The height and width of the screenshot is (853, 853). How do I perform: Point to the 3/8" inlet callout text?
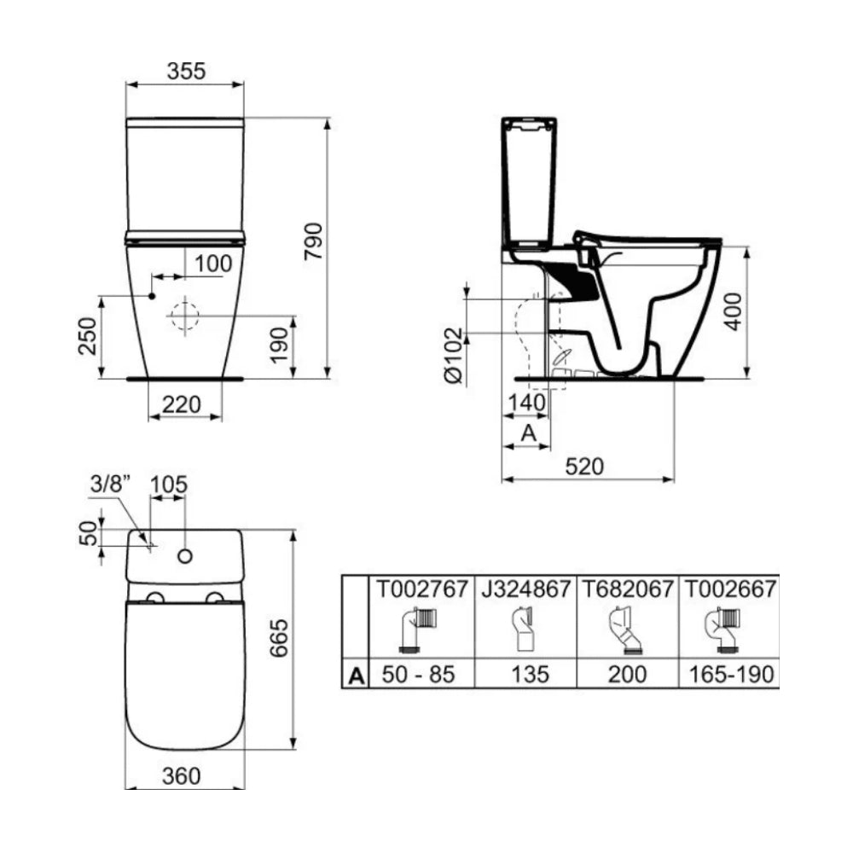(x=110, y=485)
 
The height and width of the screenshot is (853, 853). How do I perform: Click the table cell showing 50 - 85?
(x=419, y=675)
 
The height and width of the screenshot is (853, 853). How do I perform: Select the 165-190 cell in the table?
(x=731, y=675)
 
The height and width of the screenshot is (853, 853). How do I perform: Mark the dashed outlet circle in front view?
(x=183, y=316)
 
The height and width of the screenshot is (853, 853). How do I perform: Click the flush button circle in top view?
(x=184, y=556)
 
